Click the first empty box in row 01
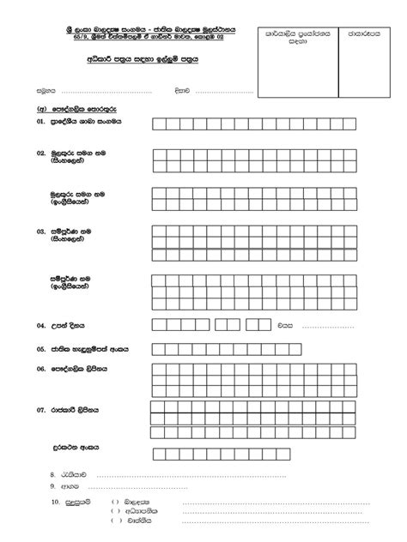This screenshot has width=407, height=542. [158, 123]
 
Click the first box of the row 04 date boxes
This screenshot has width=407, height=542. [158, 325]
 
